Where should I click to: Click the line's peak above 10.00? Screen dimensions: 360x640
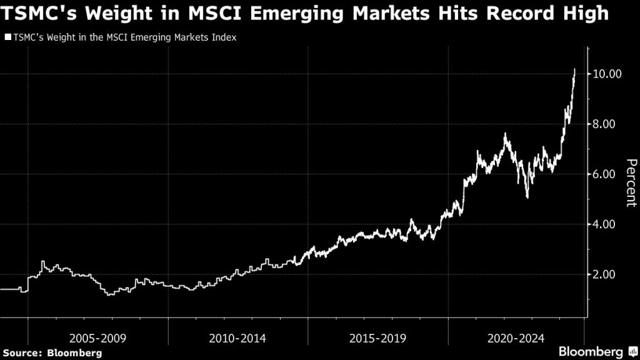pyautogui.click(x=575, y=69)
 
